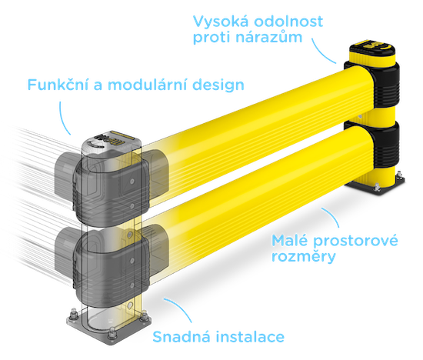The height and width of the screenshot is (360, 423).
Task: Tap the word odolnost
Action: click(288, 21)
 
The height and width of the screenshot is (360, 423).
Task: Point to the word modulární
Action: click(147, 85)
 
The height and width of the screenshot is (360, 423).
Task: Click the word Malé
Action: click(289, 240)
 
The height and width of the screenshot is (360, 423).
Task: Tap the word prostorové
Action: click(355, 242)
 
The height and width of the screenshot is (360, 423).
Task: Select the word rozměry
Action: click(304, 256)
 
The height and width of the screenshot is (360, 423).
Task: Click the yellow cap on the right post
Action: click(372, 53)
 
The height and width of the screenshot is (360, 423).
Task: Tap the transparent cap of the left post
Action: click(112, 143)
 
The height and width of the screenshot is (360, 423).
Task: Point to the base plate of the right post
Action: click(377, 184)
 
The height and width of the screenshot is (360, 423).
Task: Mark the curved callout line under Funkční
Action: click(63, 118)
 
